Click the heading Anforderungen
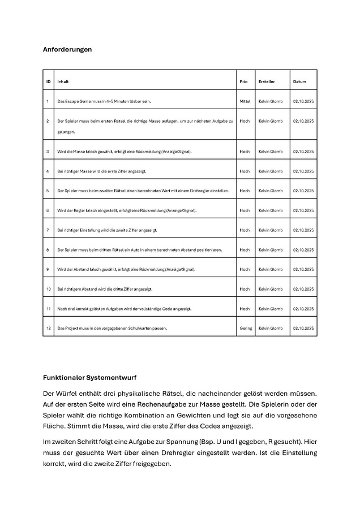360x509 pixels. point(67,49)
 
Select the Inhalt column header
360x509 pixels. point(63,82)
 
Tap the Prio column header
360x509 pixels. point(244,82)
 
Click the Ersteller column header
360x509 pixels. point(267,82)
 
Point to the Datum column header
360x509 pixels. point(299,82)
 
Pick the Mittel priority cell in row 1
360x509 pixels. point(245,101)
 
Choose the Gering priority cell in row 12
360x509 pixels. point(246,328)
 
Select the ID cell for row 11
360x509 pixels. point(48,309)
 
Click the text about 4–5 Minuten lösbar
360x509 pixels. point(104,101)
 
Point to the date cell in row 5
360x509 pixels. point(303,191)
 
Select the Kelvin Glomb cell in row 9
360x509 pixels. point(270,269)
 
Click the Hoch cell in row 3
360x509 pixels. point(245,152)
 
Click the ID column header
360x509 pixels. point(48,82)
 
